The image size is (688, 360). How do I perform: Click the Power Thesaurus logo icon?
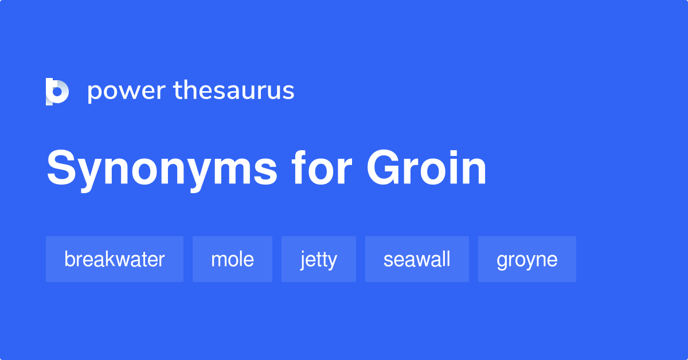click(57, 92)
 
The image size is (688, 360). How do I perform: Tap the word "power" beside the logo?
click(126, 91)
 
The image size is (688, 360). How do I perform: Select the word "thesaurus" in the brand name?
click(234, 91)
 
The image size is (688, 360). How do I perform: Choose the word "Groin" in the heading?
click(427, 169)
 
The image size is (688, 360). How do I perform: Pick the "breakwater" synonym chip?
click(115, 259)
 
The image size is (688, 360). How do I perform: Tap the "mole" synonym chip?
click(232, 259)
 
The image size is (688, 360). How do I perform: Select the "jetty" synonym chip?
click(319, 259)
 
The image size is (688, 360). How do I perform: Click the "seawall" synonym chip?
click(417, 259)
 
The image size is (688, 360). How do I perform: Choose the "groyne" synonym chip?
click(527, 259)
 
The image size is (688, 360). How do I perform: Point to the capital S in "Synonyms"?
click(63, 169)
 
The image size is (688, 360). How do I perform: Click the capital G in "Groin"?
click(386, 169)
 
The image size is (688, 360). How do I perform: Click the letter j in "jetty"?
click(303, 260)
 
